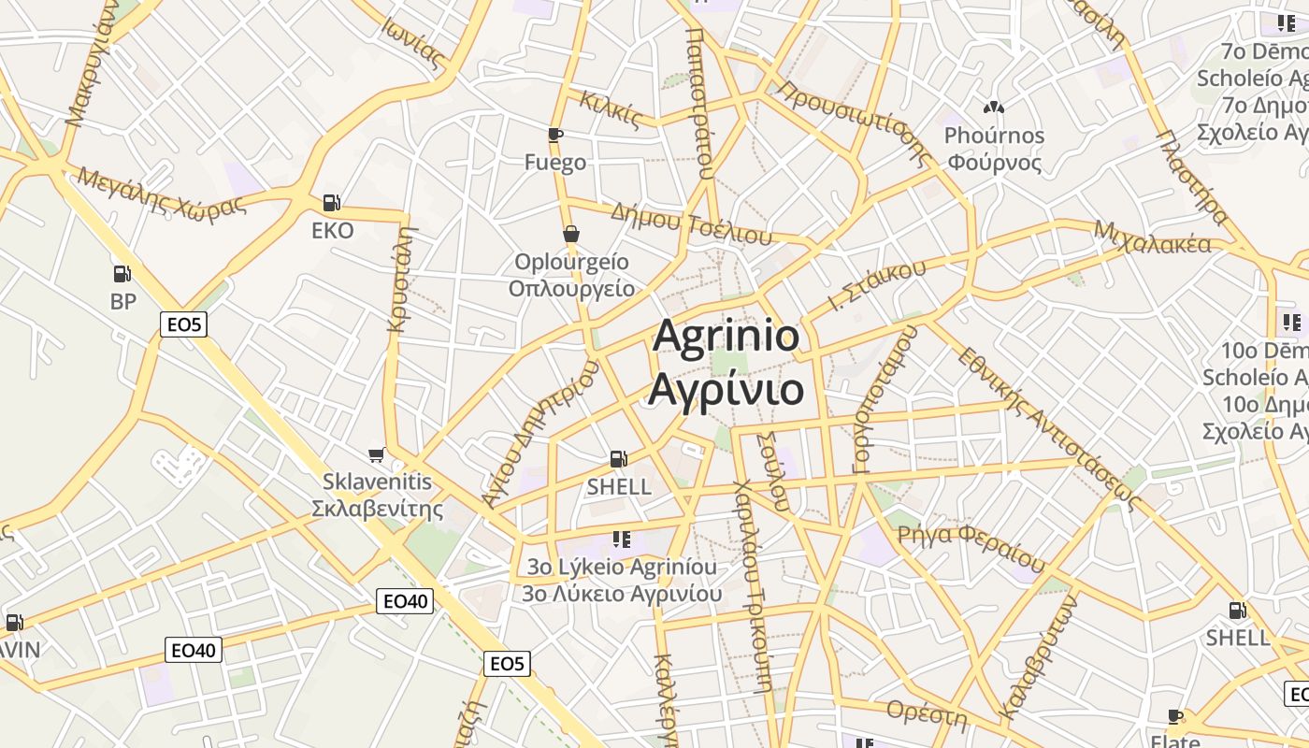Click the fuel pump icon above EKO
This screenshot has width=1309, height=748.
coord(331,202)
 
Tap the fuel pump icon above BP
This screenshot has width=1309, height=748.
coord(122,274)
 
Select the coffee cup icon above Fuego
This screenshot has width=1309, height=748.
coord(555,135)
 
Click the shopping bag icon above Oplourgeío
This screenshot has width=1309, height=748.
coord(571,234)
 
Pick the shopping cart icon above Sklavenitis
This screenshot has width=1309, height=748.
coord(377,454)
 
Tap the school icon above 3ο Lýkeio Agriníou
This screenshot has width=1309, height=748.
coord(621,539)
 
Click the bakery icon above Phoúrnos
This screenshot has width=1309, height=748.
coord(993,108)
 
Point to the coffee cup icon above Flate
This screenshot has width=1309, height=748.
coord(1175,717)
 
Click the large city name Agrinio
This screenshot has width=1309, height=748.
coord(726,337)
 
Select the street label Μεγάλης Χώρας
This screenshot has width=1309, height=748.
coord(163,191)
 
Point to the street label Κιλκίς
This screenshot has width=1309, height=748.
coord(611,109)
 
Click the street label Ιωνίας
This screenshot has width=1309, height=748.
coord(410,42)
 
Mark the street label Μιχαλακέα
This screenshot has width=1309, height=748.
coord(1152,239)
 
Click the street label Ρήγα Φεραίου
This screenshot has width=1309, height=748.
coord(971,547)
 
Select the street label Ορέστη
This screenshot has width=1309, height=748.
coord(927,712)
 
